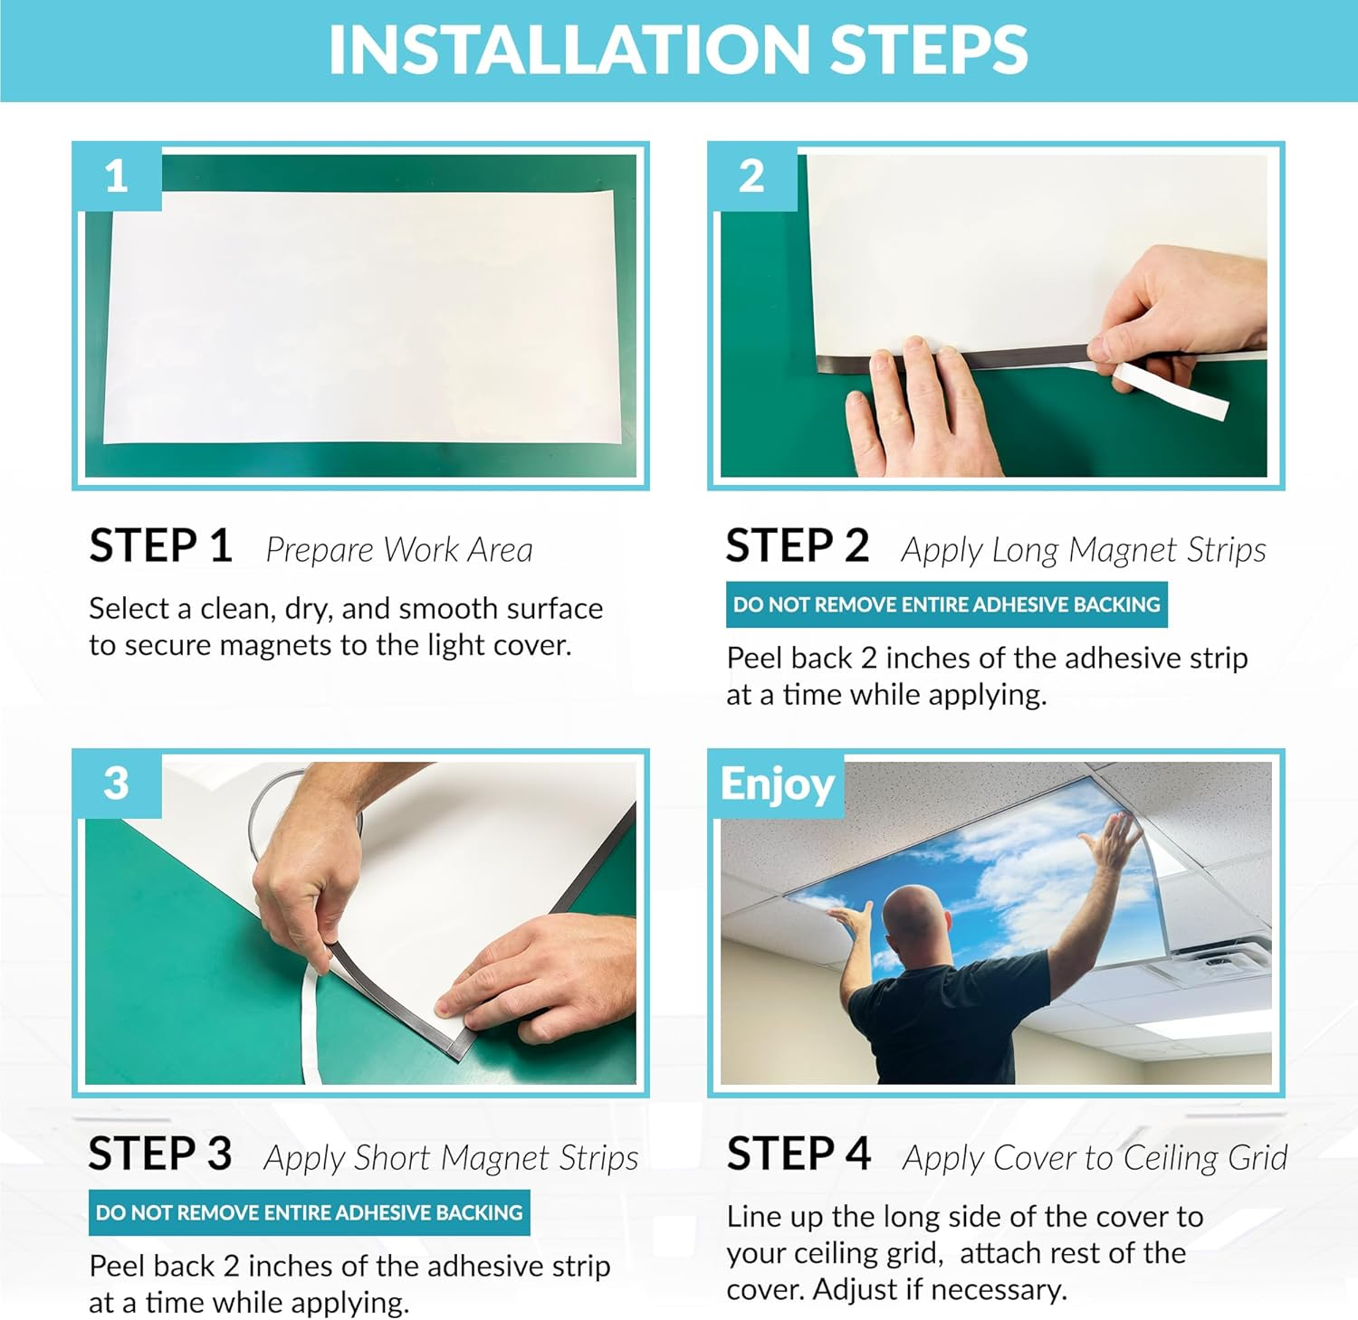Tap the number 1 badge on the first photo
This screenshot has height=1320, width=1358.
click(x=117, y=176)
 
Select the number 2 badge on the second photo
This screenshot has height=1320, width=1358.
click(x=752, y=176)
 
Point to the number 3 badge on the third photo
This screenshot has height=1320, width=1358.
click(x=117, y=783)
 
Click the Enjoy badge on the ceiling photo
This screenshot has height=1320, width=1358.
click(x=777, y=784)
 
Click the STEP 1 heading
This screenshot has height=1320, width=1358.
click(x=160, y=546)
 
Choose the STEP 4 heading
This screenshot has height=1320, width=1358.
click(x=799, y=1154)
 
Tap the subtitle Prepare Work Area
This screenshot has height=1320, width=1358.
click(x=399, y=550)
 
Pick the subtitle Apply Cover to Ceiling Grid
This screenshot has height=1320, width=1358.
click(x=1095, y=1159)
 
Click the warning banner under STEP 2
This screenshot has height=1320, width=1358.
click(x=946, y=604)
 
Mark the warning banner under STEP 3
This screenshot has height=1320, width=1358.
click(x=310, y=1212)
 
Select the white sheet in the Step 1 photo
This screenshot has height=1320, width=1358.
click(x=360, y=317)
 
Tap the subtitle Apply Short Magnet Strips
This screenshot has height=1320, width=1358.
click(x=451, y=1159)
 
